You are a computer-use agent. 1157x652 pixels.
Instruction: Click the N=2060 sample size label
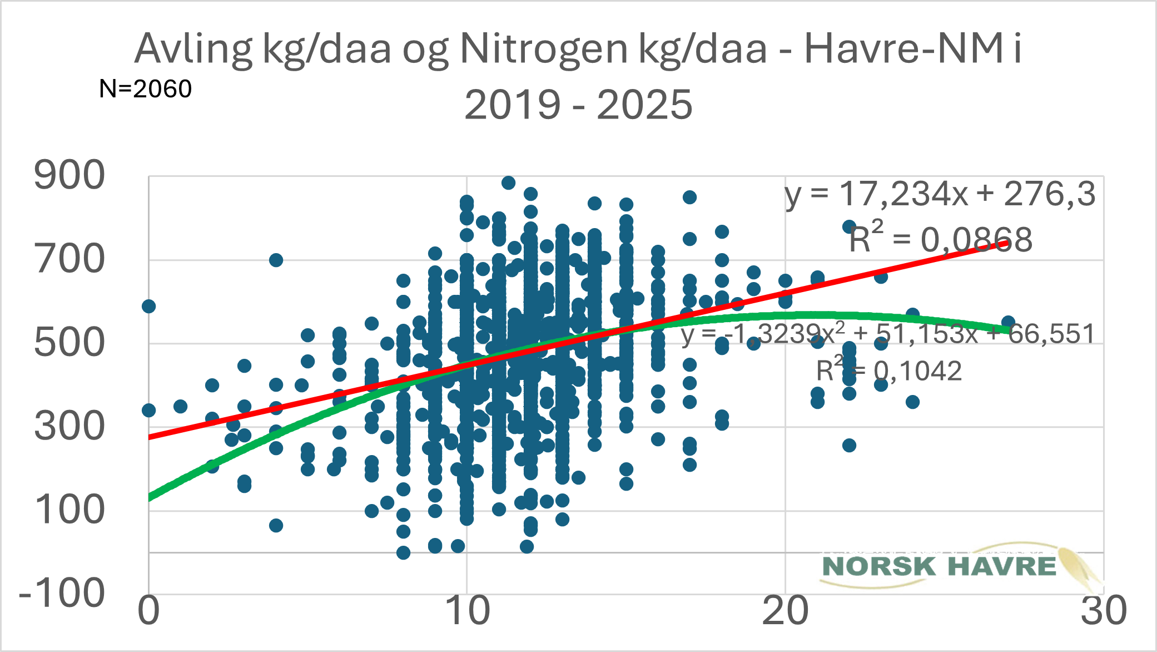[x=145, y=89]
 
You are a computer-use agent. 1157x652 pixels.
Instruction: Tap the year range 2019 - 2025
[x=578, y=105]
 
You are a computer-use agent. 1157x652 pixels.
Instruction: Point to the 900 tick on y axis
[x=69, y=175]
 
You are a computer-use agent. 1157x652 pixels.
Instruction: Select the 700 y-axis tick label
[x=69, y=259]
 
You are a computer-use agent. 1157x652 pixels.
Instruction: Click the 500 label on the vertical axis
[x=69, y=343]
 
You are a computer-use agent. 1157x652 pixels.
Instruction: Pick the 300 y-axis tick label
[x=69, y=427]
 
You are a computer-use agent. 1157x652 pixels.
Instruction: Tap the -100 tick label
[x=62, y=594]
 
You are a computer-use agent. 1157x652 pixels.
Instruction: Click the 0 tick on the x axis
[x=148, y=611]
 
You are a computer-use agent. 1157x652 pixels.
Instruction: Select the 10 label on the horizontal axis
[x=467, y=611]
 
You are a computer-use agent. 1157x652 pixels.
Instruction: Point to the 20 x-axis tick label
[x=785, y=611]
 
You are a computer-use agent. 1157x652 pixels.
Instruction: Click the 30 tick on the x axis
[x=1103, y=611]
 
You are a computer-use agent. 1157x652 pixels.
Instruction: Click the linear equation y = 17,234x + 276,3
[x=940, y=195]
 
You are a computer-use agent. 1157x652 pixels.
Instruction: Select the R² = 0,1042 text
[x=888, y=371]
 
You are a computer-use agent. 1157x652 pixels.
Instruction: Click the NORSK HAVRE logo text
[x=940, y=566]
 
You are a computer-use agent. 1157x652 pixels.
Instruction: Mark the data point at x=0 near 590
[x=148, y=306]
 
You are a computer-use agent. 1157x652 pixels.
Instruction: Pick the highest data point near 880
[x=508, y=183]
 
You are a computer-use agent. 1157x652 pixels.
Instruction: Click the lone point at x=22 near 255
[x=849, y=445]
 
